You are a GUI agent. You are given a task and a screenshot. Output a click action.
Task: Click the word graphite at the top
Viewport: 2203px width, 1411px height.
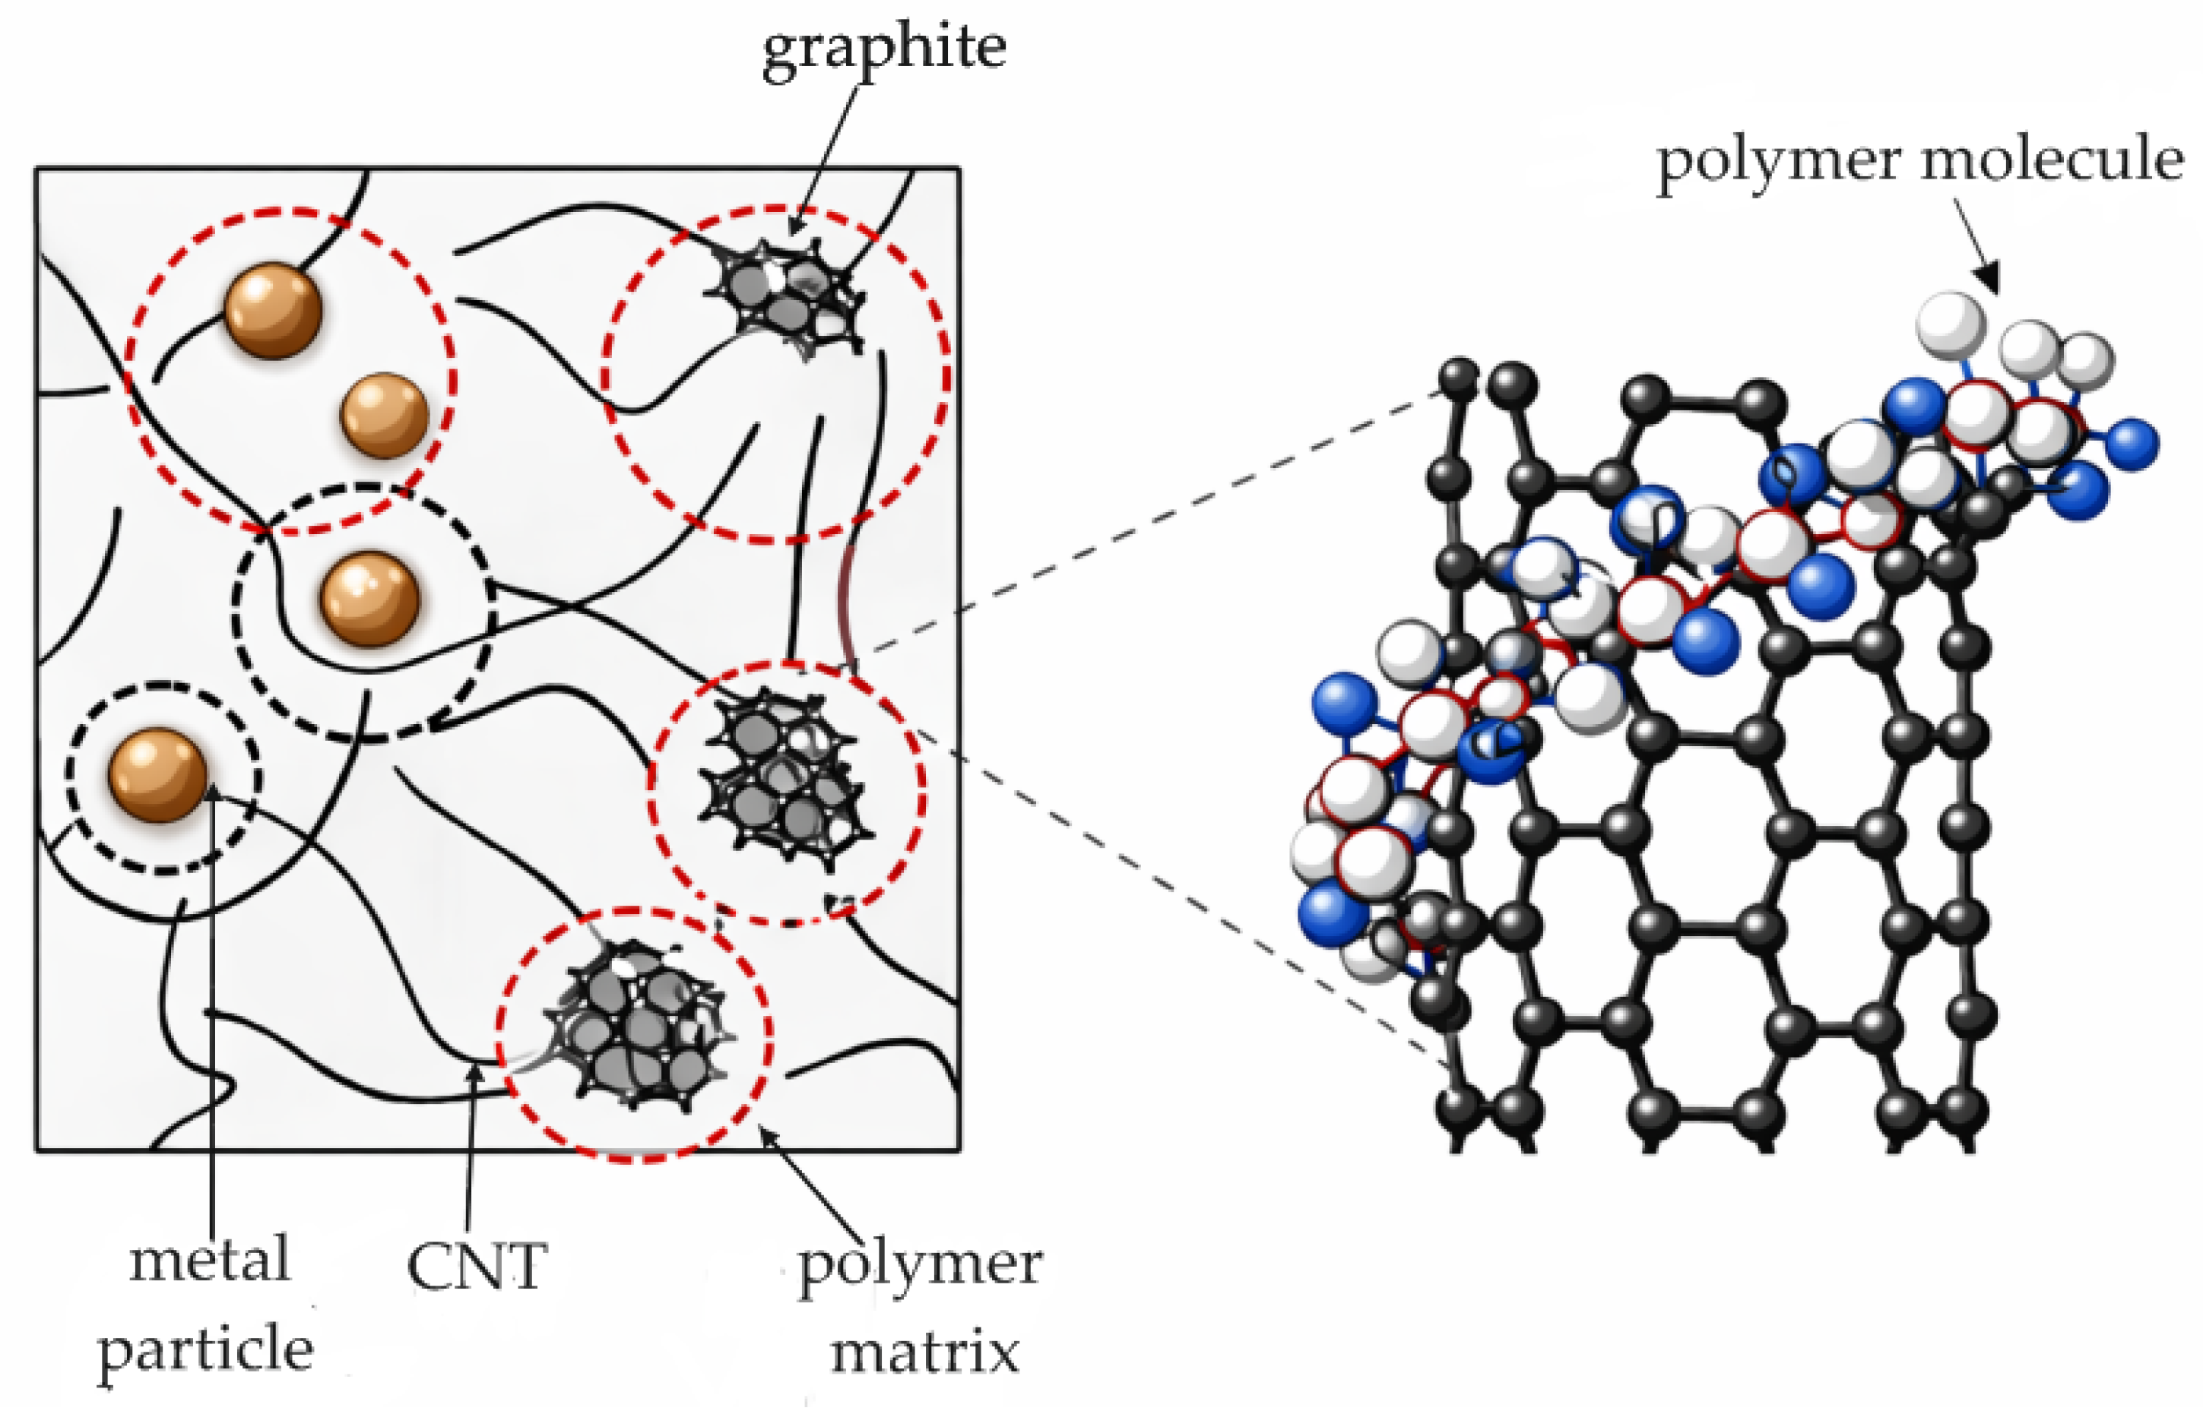click(x=884, y=48)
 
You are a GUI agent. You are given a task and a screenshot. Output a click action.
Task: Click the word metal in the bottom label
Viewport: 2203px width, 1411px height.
click(x=210, y=1261)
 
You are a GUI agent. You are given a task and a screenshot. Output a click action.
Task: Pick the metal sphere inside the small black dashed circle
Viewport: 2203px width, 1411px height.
click(x=157, y=774)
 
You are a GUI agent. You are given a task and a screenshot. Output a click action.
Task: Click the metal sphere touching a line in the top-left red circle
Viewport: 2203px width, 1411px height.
click(x=273, y=310)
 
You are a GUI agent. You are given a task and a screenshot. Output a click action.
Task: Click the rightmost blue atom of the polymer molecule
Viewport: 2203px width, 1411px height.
click(x=2133, y=445)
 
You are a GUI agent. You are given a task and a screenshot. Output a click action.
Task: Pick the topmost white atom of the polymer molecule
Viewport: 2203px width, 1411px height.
click(x=1951, y=326)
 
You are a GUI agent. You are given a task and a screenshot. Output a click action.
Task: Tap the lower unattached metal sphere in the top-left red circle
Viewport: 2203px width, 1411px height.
click(x=385, y=415)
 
